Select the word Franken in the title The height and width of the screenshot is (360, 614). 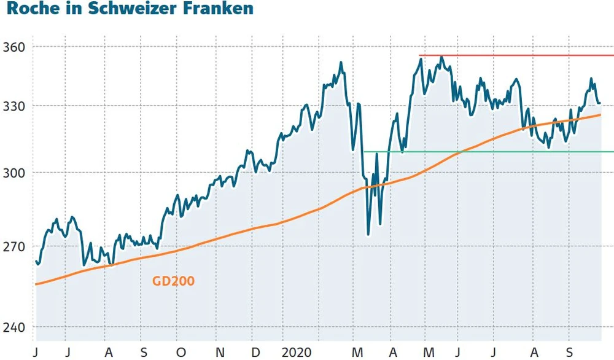tap(205, 10)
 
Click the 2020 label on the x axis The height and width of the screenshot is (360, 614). tap(297, 352)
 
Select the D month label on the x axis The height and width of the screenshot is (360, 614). tap(256, 352)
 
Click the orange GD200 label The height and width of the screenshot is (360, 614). tap(173, 281)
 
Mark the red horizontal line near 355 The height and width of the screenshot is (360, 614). tap(516, 55)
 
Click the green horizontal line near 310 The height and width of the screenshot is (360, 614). tap(491, 151)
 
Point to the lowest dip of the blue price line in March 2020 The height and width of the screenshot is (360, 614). tap(368, 234)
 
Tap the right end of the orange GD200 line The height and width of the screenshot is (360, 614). tap(600, 115)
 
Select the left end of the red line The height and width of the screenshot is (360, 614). tap(419, 55)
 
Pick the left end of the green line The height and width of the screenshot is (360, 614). tap(363, 151)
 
